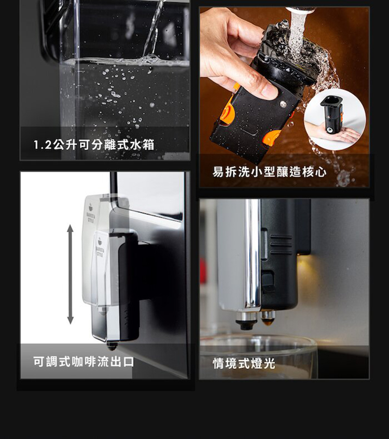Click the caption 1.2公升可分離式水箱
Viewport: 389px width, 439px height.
click(94, 145)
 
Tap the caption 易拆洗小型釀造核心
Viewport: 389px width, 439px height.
click(270, 172)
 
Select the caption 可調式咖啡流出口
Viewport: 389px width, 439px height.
click(84, 362)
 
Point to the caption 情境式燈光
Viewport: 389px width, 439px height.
click(244, 363)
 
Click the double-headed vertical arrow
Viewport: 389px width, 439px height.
click(70, 275)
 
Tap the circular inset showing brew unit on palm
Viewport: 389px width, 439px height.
click(335, 119)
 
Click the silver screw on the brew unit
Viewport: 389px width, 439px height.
click(283, 104)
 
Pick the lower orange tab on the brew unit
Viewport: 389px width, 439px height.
click(272, 138)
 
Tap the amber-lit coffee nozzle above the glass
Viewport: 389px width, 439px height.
click(268, 318)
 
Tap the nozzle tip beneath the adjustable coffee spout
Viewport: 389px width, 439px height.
click(112, 346)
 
